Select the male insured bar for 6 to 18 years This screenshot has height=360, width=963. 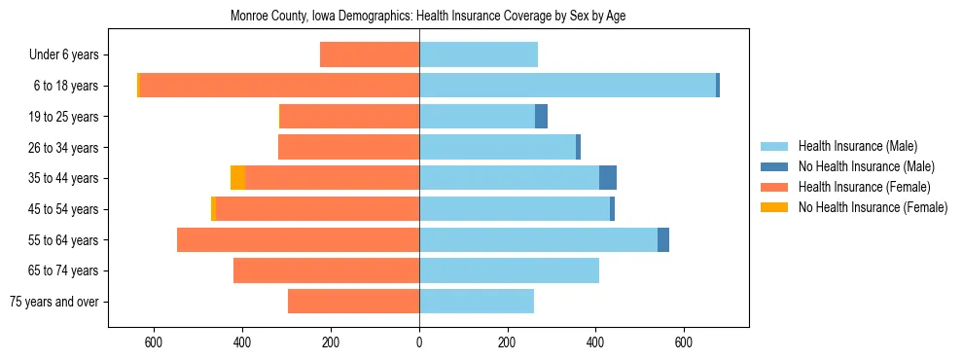pos(567,86)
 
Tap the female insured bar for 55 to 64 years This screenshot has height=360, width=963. pos(298,239)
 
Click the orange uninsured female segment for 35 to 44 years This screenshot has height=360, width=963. pos(237,178)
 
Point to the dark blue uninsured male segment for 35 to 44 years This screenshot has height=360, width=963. pos(608,178)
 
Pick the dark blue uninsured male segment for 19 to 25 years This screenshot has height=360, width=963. pos(541,117)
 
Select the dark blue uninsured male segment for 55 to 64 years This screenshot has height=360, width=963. pos(663,239)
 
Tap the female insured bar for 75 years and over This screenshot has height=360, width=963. pos(353,302)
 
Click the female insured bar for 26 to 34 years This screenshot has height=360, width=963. pos(348,147)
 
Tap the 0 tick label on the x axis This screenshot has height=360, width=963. pos(419,342)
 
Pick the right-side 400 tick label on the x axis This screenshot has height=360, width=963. pos(595,342)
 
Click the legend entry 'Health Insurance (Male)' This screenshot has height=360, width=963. pos(857,146)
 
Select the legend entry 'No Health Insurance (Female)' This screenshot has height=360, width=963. pos(873,207)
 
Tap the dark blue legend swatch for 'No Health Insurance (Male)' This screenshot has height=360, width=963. pos(774,166)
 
